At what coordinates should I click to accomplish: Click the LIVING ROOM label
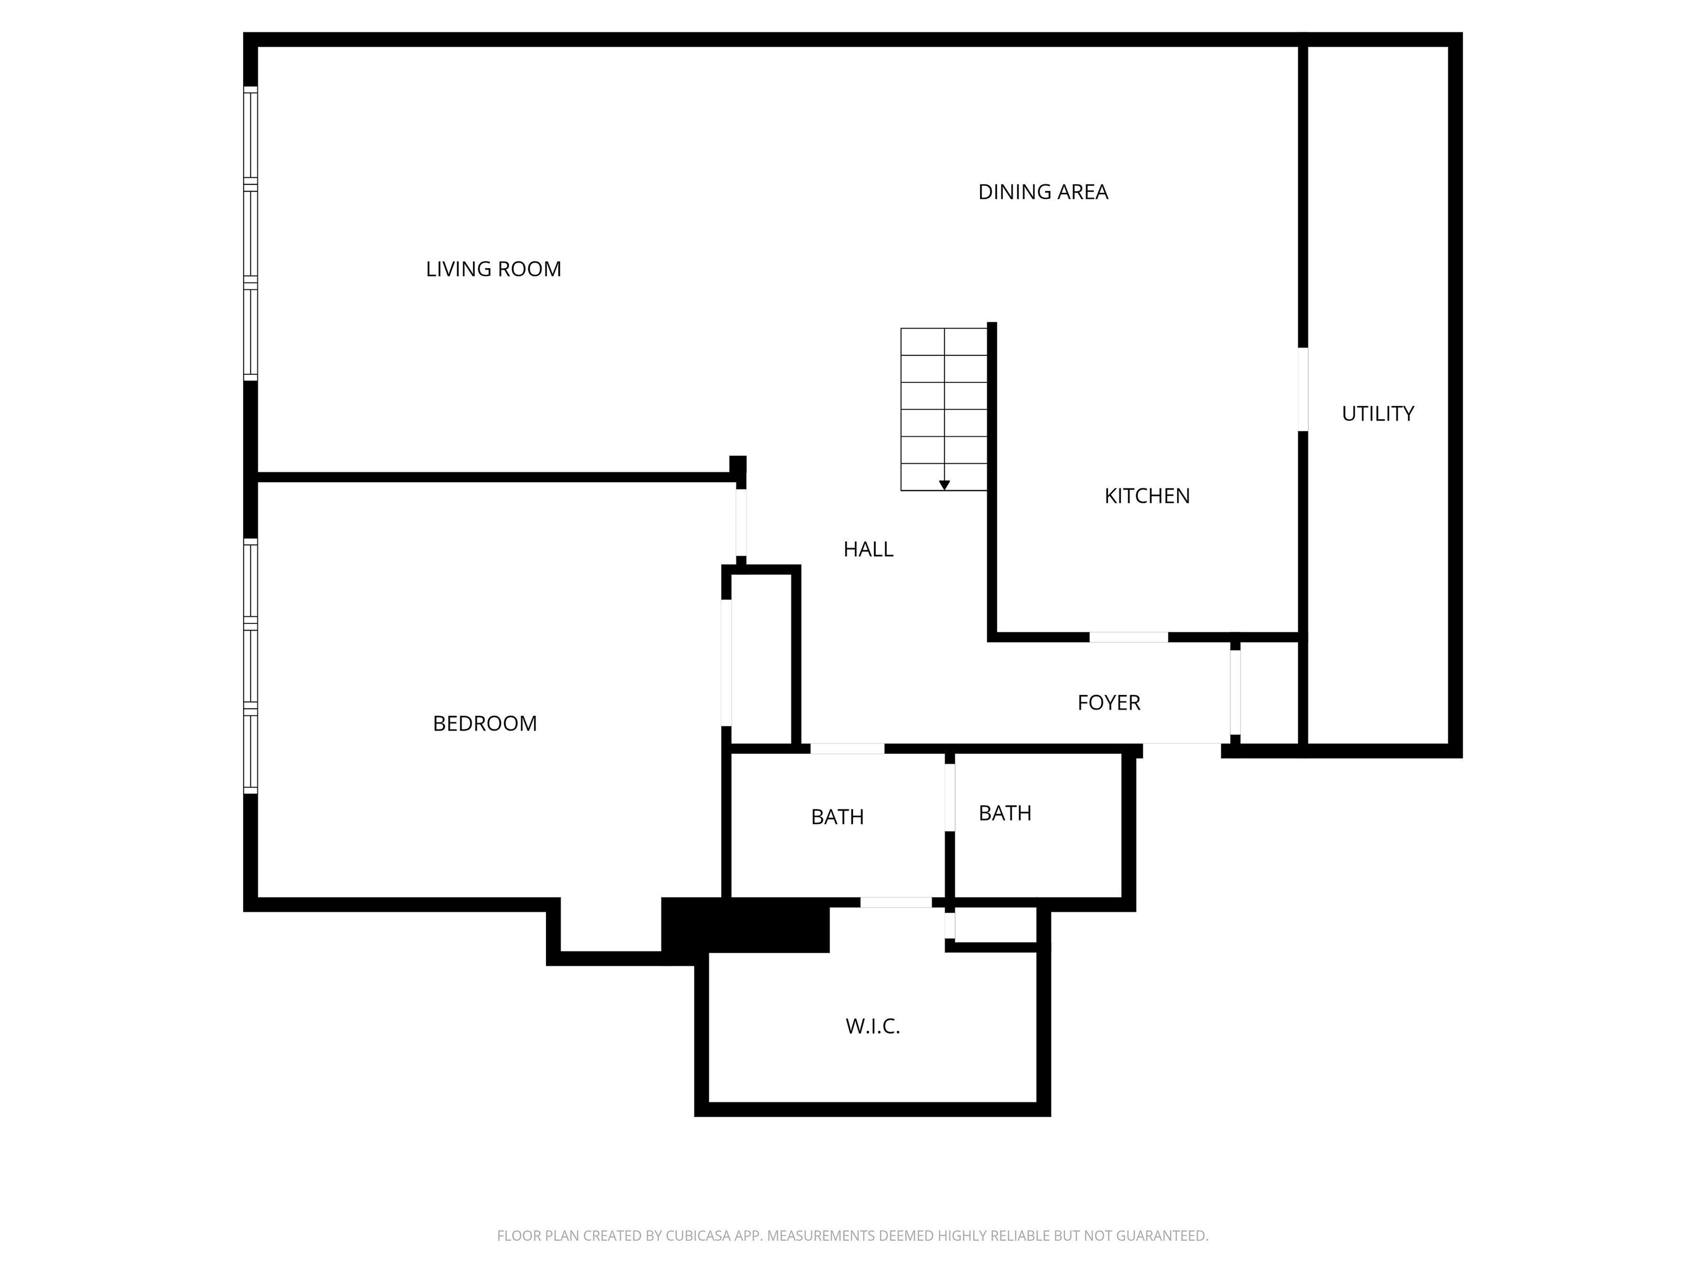click(494, 269)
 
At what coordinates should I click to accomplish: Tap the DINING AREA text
click(1043, 192)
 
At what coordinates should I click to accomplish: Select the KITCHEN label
click(1147, 496)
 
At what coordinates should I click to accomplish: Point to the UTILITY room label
click(1377, 414)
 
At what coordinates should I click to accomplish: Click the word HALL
click(869, 549)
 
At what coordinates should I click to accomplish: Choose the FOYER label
click(1108, 702)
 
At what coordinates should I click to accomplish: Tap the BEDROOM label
click(484, 723)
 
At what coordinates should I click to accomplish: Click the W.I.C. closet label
click(872, 1026)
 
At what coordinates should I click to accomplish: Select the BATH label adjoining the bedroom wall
click(837, 817)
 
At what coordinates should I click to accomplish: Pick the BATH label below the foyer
click(1005, 813)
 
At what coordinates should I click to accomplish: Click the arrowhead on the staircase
click(944, 485)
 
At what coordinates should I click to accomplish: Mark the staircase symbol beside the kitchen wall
click(944, 409)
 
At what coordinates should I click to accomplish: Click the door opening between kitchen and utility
click(1303, 389)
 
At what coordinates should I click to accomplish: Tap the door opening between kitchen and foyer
click(1128, 637)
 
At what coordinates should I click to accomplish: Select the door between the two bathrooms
click(950, 797)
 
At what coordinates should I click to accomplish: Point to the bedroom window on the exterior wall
click(250, 666)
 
